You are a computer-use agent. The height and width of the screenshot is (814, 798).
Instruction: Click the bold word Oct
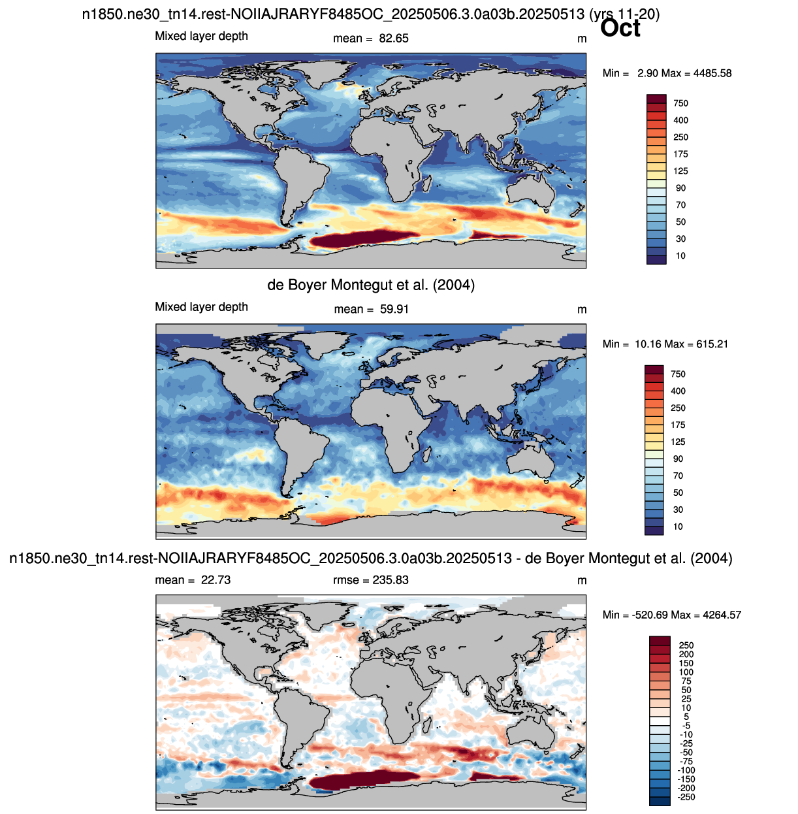point(620,28)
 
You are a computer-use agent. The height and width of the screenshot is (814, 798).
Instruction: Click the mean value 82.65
point(393,39)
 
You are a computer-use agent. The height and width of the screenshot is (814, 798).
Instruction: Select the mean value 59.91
point(394,309)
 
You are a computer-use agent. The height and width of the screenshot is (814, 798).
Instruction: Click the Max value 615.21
point(712,344)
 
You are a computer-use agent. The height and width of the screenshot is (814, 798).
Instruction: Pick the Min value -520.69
point(651,615)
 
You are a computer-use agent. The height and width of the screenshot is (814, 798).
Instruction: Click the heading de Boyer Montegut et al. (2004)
point(371,285)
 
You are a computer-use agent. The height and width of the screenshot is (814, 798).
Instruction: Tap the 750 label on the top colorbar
point(680,103)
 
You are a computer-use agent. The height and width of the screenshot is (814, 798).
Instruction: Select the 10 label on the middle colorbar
point(678,527)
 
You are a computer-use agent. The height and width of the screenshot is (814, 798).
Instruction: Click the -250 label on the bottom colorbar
point(686,797)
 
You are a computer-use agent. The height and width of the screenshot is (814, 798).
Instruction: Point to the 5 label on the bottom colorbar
point(686,717)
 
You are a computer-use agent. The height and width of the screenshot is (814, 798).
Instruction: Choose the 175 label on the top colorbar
point(680,154)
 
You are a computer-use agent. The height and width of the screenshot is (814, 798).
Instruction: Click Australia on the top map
point(531,191)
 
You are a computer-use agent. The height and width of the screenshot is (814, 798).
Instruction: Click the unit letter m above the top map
point(582,39)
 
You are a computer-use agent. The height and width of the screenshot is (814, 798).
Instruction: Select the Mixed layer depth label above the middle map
point(201,307)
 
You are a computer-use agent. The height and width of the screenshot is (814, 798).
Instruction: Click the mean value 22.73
point(216,580)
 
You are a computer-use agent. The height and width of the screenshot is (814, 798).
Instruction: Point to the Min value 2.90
point(647,73)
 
